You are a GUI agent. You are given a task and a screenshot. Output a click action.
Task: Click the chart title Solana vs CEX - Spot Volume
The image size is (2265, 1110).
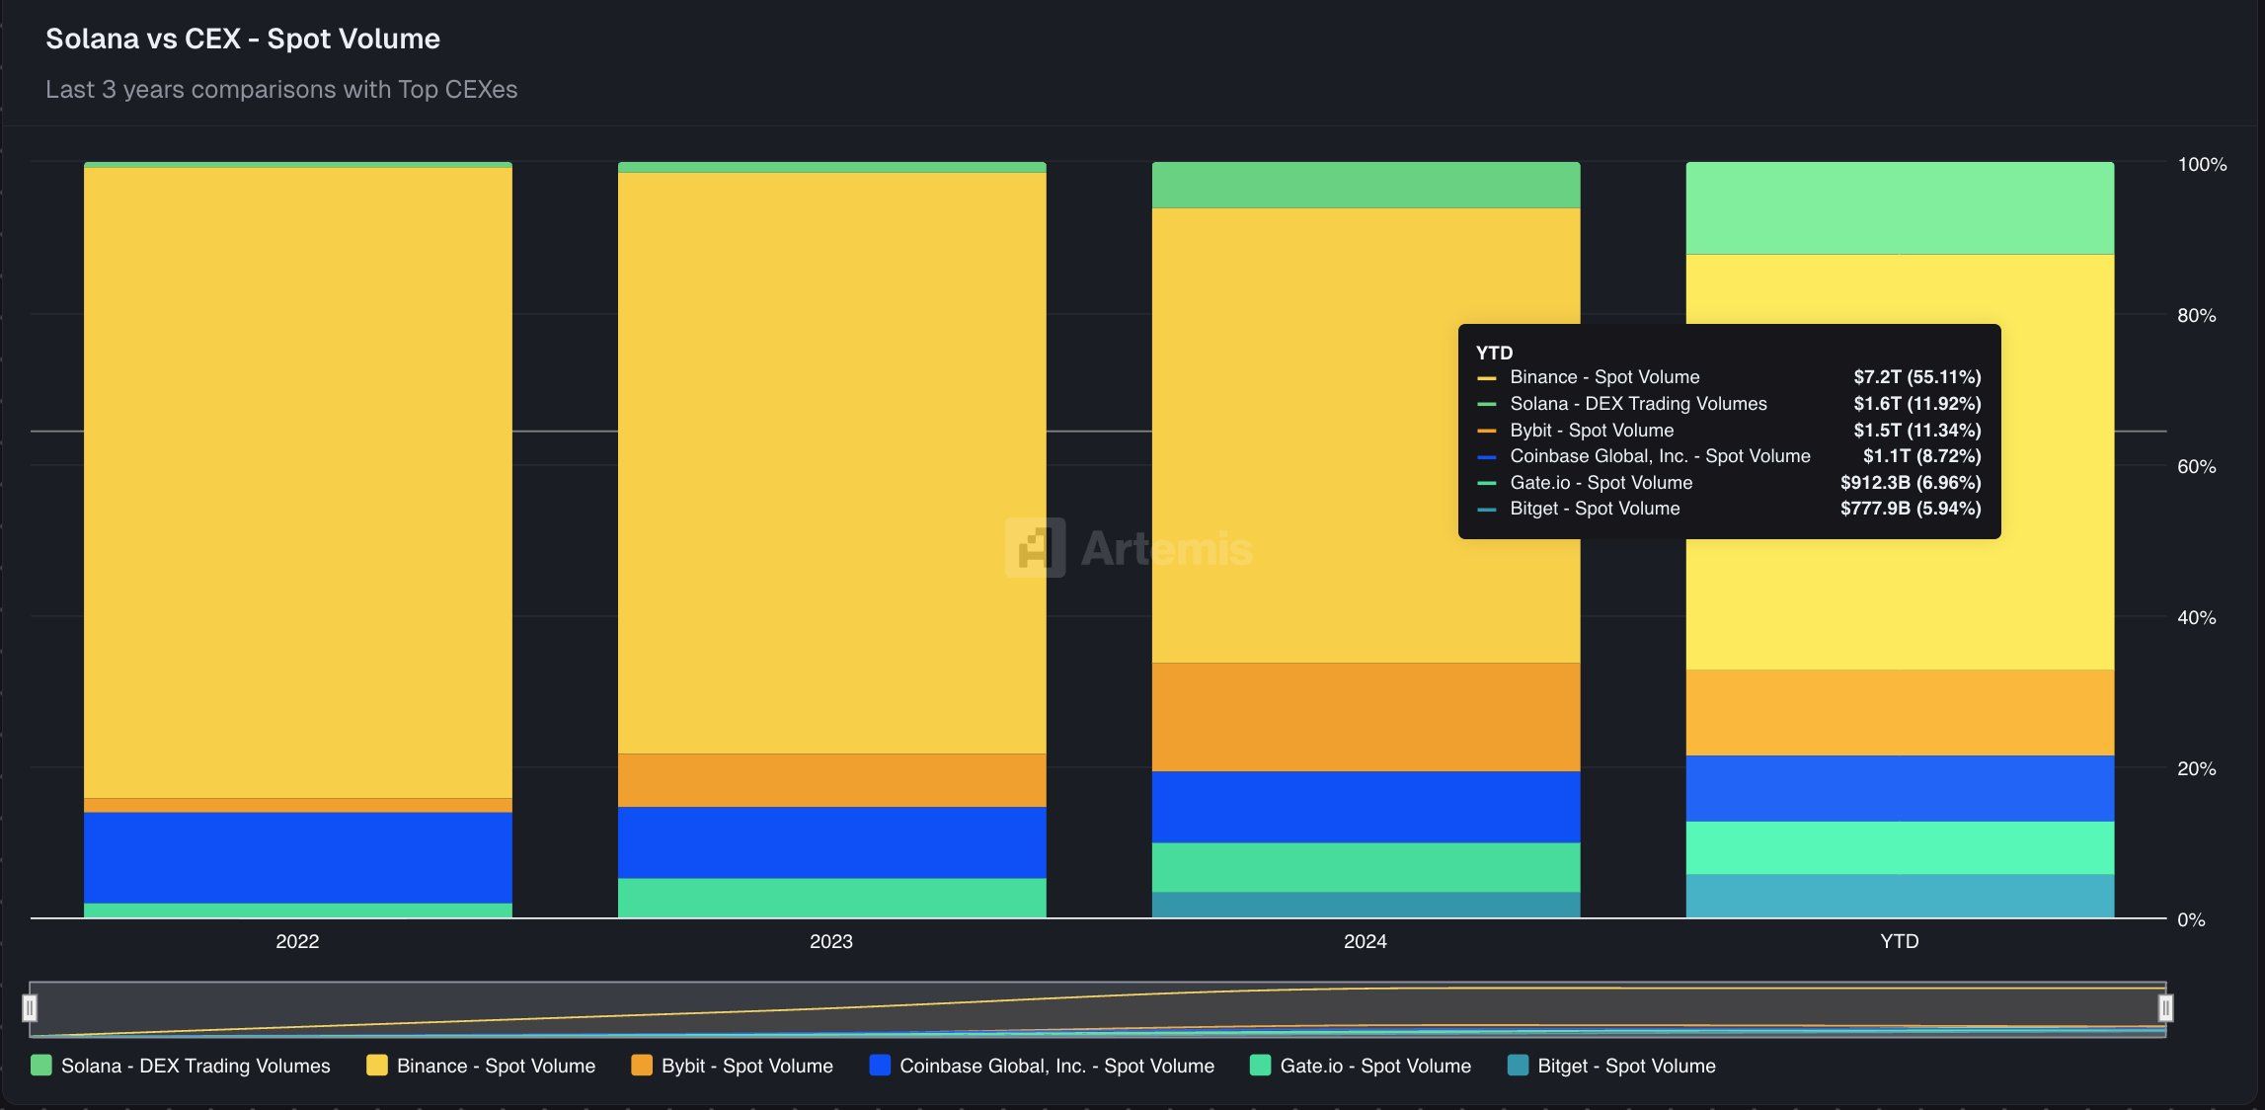click(243, 39)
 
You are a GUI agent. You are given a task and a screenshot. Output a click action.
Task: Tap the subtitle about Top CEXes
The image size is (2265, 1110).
click(281, 89)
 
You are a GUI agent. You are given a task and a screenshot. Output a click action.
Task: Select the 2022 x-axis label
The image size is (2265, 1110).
click(297, 941)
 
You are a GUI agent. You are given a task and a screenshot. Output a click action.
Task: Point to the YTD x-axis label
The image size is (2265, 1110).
click(1899, 941)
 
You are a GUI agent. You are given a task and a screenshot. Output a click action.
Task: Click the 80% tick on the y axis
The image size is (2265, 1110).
click(2196, 315)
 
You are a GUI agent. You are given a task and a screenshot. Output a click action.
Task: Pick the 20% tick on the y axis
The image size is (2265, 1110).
click(2196, 768)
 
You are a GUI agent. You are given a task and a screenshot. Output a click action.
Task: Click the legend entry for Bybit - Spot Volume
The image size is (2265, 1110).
click(745, 1066)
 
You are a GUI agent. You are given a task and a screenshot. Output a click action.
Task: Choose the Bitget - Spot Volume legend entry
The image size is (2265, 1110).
click(1625, 1066)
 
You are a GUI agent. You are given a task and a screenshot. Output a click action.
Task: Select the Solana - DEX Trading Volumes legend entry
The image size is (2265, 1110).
click(195, 1066)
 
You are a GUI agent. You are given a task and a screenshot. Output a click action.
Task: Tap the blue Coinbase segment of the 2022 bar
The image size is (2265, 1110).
click(297, 857)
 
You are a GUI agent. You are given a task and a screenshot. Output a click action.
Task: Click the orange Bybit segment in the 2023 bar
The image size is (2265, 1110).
click(831, 780)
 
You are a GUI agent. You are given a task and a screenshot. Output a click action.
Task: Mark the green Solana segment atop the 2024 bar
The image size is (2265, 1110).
click(1366, 185)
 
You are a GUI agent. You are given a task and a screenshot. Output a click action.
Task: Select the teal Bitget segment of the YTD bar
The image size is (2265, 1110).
click(1899, 896)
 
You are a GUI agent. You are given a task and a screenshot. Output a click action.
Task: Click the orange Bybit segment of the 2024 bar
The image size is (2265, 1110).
click(1366, 717)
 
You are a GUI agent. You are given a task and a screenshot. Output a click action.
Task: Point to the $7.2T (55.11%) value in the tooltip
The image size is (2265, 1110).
click(1916, 377)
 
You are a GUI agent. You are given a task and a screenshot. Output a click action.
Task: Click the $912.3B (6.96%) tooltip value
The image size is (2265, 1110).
click(1910, 483)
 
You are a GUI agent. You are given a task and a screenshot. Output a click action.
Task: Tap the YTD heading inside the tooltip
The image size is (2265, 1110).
click(1494, 353)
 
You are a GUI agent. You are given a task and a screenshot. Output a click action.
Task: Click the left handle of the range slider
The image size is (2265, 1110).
click(31, 1008)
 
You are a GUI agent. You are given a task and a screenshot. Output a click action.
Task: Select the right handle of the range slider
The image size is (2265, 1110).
click(2165, 1008)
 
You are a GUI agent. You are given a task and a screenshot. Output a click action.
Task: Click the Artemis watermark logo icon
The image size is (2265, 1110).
click(1035, 547)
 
